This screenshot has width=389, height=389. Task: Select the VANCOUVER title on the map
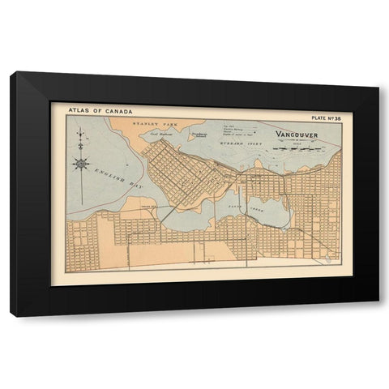297,135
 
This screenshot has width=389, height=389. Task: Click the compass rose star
81,164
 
